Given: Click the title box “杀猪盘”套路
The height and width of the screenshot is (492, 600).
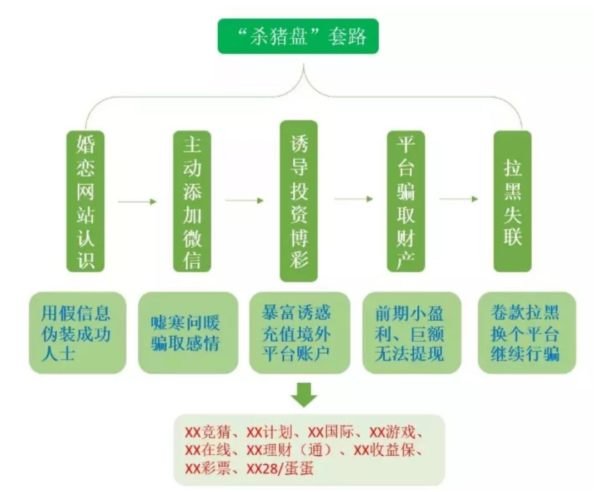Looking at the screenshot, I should tap(298, 36).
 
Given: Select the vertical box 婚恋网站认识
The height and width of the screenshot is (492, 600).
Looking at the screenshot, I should tap(86, 201).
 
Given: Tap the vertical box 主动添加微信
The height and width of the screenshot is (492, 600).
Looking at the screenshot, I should tap(192, 201).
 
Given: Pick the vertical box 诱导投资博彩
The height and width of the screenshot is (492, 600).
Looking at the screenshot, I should tap(299, 201).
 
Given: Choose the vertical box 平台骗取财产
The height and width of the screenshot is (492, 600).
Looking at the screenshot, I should tap(406, 201).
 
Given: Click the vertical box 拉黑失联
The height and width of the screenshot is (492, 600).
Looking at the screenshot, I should tap(512, 201).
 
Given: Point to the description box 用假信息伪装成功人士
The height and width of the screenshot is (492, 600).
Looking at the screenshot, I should tap(77, 333).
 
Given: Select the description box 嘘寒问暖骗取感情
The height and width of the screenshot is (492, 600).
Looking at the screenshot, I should tap(187, 333).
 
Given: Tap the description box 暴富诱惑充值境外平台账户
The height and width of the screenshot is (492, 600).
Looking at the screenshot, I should tap(299, 333).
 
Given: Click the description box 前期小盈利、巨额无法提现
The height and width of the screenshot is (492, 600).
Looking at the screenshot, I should tap(412, 333).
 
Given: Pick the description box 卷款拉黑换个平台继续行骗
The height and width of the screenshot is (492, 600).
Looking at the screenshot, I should tap(526, 333).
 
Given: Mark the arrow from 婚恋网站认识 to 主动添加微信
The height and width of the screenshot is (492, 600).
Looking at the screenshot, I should tap(138, 202).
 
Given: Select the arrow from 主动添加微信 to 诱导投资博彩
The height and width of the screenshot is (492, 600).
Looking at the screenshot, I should tap(244, 200).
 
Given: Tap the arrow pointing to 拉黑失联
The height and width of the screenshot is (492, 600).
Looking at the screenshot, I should tap(458, 199).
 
